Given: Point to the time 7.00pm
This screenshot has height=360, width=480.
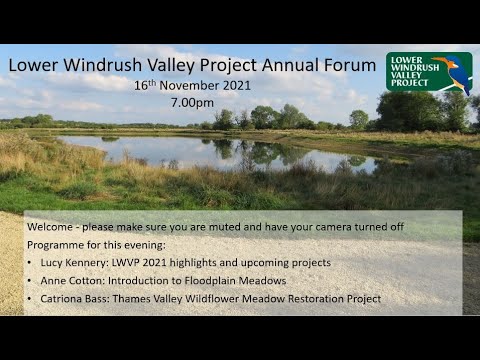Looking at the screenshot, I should (x=192, y=103).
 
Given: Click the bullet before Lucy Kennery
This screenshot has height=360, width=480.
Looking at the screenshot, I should (x=30, y=262).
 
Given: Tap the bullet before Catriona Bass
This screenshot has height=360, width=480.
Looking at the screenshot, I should (x=30, y=298).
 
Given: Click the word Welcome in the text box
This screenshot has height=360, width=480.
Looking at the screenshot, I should (x=51, y=227).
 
